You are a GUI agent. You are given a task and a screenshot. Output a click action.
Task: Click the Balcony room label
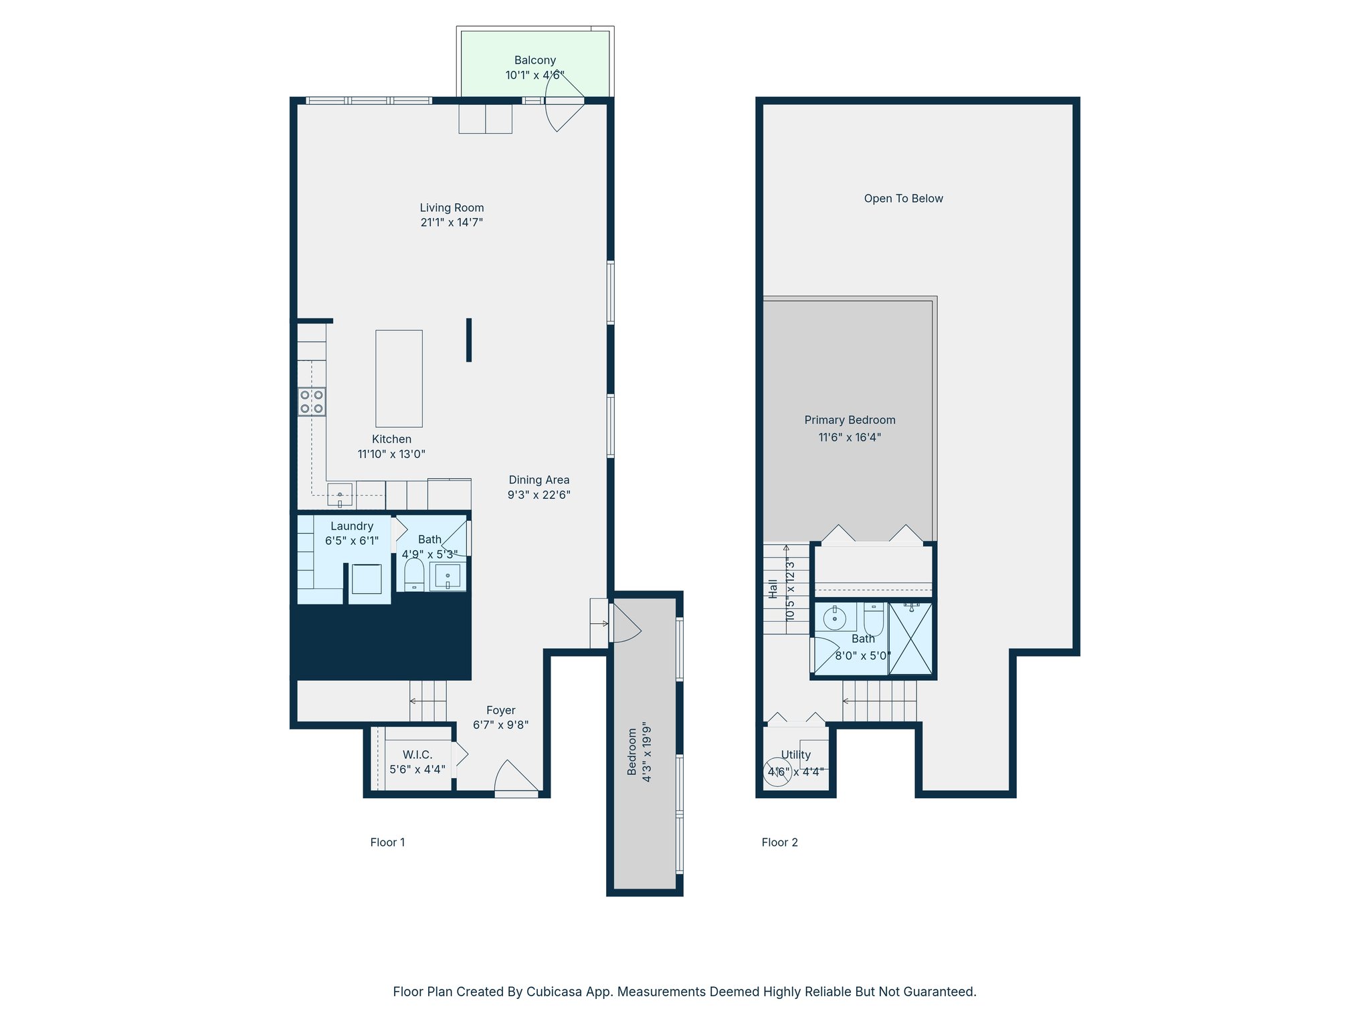point(534,60)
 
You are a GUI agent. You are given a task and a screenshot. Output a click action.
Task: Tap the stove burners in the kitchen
point(312,402)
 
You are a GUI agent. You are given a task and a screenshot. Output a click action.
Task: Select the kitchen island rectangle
point(399,378)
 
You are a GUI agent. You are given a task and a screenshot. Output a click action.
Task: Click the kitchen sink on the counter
point(340,495)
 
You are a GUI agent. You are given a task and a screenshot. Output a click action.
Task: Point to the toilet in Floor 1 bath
point(414,574)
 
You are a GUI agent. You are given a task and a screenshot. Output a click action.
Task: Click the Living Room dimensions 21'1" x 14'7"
point(452,223)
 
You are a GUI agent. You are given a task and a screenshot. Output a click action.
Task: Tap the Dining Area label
point(539,480)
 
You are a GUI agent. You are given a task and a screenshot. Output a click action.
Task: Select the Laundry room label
point(352,526)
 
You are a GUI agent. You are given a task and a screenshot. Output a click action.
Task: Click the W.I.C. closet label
point(417,755)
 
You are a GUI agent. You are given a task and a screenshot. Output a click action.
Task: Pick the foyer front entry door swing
point(515,778)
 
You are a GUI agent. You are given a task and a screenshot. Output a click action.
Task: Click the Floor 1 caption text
point(387,842)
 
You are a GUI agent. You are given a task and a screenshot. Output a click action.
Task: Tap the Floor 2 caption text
point(779,842)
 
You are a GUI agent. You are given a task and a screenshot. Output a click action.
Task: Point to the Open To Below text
point(903,199)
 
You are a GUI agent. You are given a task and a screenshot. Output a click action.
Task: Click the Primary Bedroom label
point(850,420)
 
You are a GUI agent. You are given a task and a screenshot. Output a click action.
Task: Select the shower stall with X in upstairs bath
point(910,639)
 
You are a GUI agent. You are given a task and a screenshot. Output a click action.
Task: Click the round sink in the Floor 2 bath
point(835,618)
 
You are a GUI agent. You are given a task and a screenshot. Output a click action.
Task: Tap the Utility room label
point(795,755)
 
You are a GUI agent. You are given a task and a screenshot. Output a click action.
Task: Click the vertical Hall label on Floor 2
point(773,588)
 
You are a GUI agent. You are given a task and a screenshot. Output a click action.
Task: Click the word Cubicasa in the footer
point(553,992)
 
